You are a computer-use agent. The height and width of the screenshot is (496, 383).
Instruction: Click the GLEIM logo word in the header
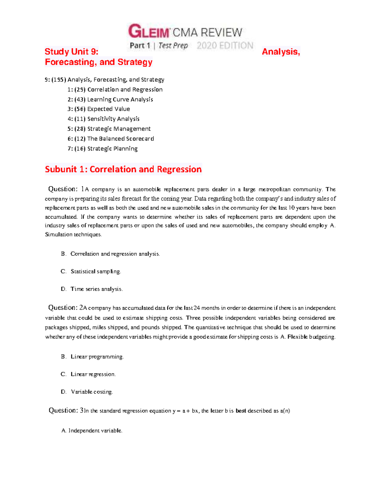coord(149,32)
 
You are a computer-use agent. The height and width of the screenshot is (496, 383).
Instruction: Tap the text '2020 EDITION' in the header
coord(225,46)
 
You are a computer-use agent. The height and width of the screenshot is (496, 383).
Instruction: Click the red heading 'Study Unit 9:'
coord(71,52)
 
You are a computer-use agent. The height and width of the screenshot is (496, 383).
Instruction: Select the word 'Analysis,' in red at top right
coord(281,52)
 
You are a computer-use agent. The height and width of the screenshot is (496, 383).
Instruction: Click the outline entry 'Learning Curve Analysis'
coord(120,99)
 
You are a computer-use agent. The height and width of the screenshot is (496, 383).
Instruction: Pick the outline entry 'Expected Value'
coord(109,109)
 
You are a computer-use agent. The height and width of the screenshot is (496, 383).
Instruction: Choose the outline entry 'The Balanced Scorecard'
coord(120,139)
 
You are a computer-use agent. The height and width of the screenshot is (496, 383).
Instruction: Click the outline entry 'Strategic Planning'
coord(112,149)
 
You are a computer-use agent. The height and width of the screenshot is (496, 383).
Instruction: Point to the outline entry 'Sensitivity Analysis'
coord(113,119)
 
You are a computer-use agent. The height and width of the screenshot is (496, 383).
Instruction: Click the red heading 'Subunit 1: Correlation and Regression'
coord(123,169)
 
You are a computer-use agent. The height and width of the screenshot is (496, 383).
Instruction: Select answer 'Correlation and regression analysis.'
coord(115,254)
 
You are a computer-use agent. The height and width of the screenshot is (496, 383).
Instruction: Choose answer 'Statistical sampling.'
coord(96,271)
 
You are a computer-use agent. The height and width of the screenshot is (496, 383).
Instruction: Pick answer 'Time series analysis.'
coord(96,289)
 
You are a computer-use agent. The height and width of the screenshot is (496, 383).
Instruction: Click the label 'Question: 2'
coord(65,308)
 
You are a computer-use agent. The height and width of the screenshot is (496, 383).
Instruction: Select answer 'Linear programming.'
coord(97,357)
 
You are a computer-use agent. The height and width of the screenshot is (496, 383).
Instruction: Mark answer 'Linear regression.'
coord(93,374)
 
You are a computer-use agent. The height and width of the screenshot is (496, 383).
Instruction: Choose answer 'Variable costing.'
coord(92,392)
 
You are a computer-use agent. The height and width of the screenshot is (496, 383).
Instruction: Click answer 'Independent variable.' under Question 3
coord(95,431)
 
